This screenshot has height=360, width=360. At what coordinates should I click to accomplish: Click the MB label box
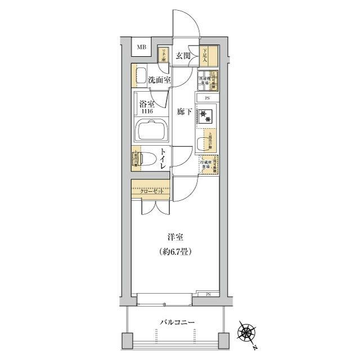click(x=141, y=47)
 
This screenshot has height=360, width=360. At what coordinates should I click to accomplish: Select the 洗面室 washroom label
click(x=159, y=80)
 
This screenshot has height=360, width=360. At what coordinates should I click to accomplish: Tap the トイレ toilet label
click(x=162, y=156)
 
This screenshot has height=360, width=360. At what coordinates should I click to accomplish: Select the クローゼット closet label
click(x=152, y=191)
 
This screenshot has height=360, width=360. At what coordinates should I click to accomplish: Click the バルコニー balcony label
click(x=177, y=322)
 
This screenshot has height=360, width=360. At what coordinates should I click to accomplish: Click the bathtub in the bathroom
click(x=150, y=132)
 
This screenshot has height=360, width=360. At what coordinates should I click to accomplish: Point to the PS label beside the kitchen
click(x=208, y=98)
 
